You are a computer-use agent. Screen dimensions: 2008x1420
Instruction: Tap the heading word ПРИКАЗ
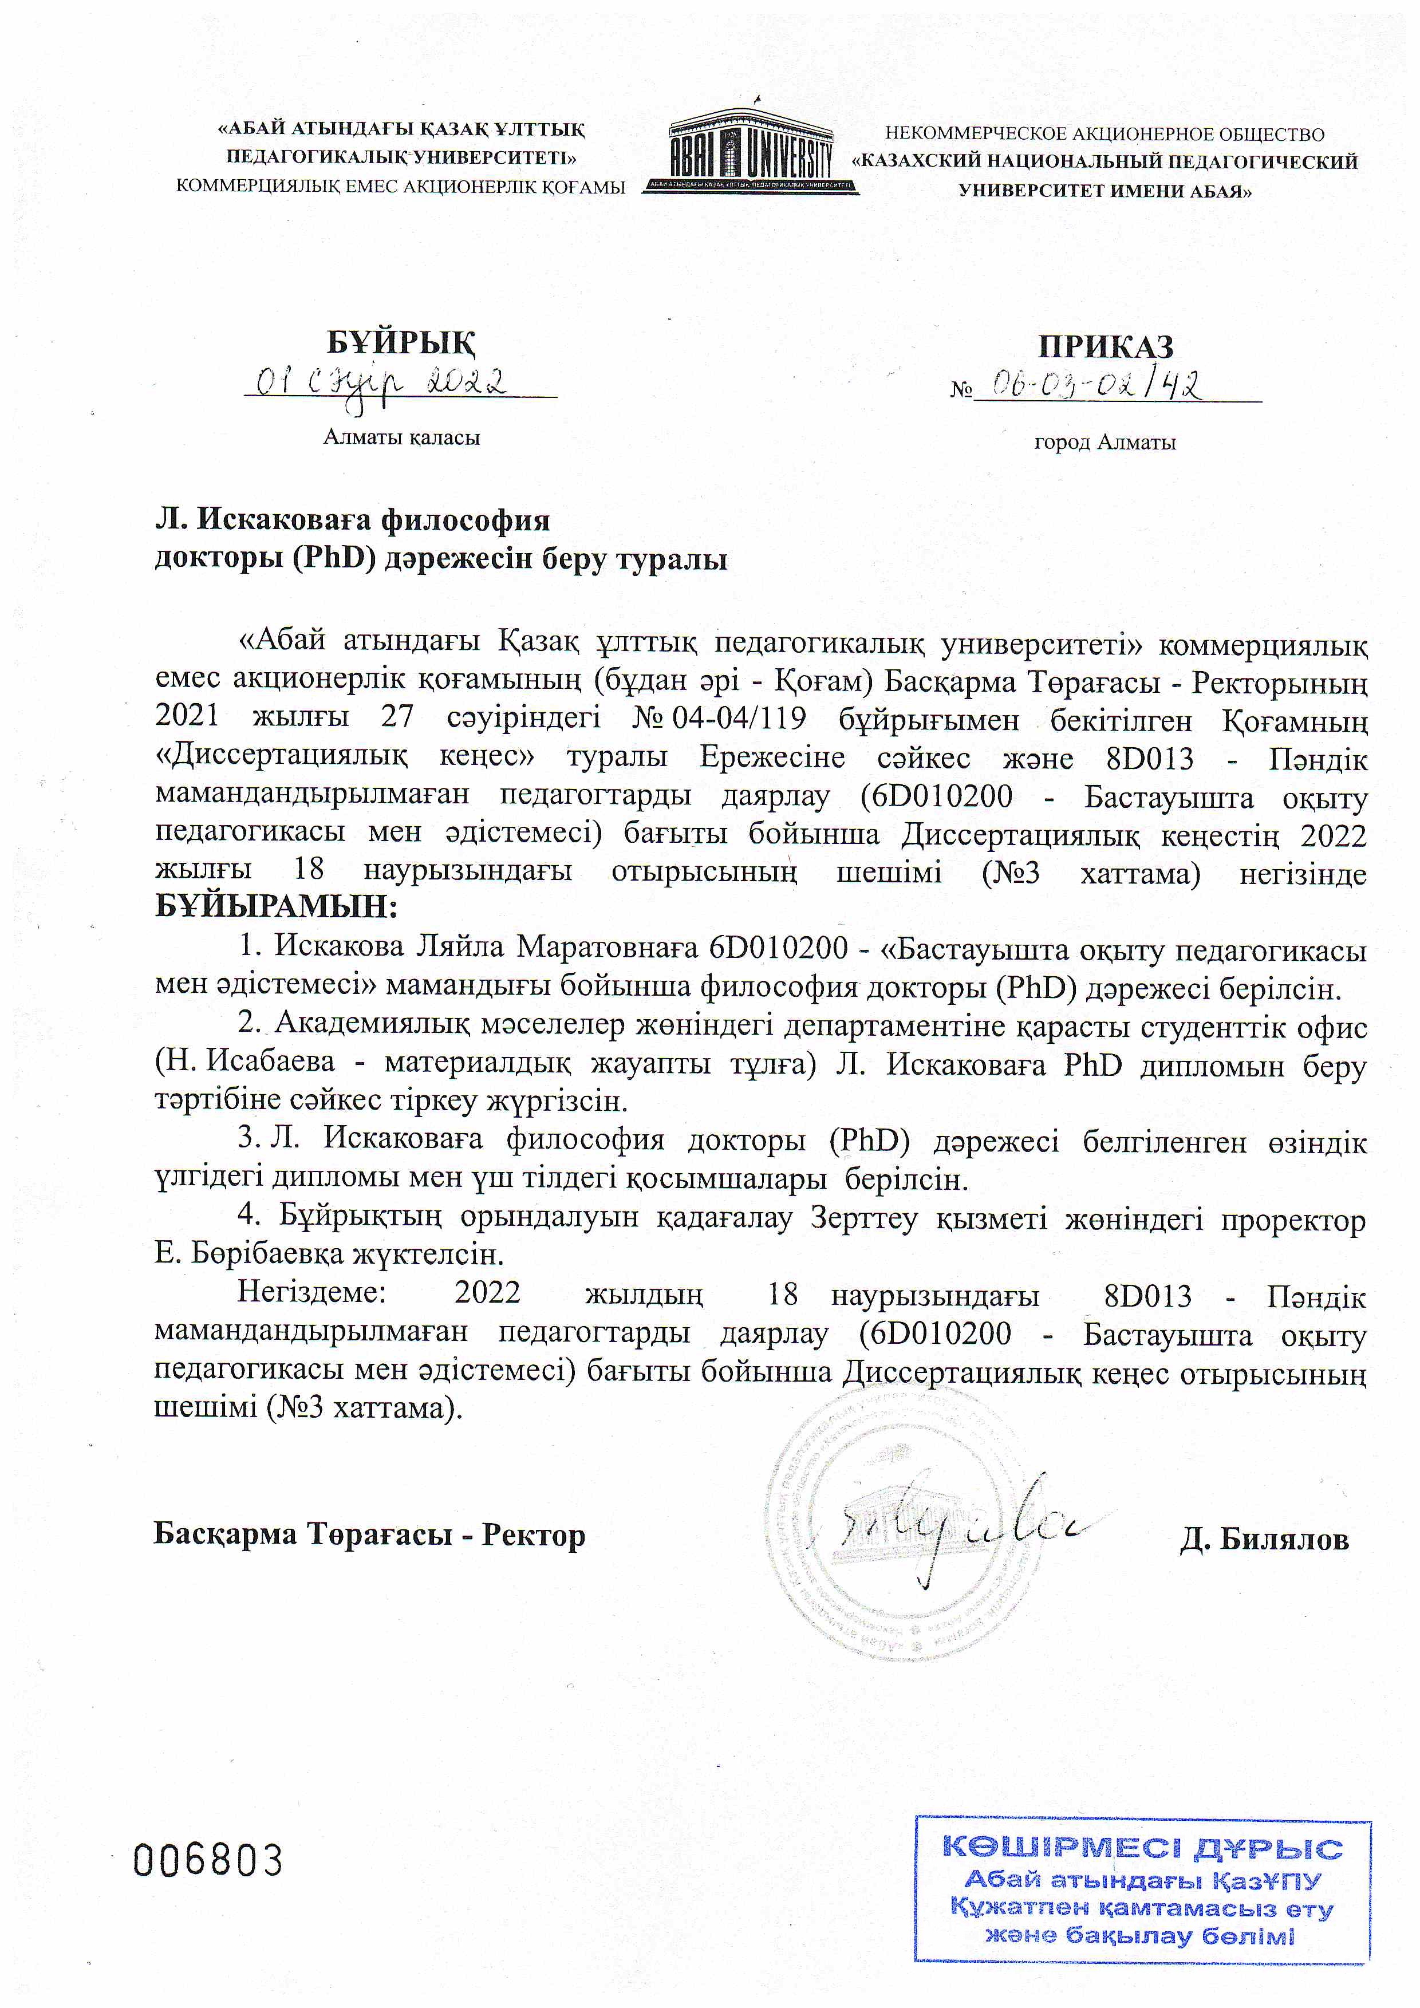pyautogui.click(x=1105, y=346)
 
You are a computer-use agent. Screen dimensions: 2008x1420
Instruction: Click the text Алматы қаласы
pyautogui.click(x=401, y=437)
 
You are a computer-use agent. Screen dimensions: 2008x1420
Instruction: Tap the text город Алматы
pyautogui.click(x=1105, y=443)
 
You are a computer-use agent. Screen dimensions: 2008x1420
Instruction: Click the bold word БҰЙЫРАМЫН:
pyautogui.click(x=275, y=906)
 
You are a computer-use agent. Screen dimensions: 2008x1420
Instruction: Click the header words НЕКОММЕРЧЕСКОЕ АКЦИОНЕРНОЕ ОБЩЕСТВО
pyautogui.click(x=1105, y=134)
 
